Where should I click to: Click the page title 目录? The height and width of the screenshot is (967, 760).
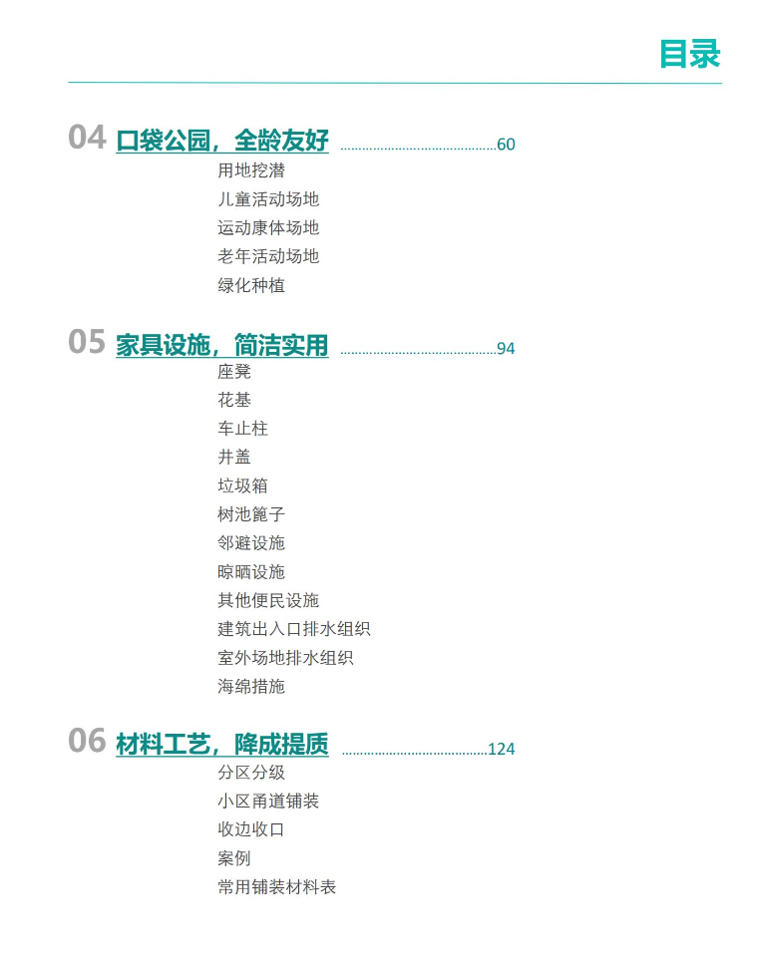click(689, 54)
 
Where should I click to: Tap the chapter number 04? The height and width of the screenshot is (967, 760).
click(87, 137)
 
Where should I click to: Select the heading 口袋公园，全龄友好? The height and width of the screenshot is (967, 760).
click(222, 141)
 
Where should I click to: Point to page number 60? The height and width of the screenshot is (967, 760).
click(506, 145)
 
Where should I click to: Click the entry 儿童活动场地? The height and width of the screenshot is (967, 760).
click(268, 199)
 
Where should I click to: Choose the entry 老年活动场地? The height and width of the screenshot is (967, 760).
click(268, 256)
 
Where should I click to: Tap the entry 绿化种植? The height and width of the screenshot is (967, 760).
click(251, 285)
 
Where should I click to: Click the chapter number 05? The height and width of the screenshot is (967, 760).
click(87, 342)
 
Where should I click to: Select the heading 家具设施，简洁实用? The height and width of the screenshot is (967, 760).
click(222, 345)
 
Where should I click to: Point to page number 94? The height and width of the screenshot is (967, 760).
click(506, 349)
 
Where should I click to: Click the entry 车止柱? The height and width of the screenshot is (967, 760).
click(242, 428)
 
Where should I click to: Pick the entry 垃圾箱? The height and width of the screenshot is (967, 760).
click(242, 485)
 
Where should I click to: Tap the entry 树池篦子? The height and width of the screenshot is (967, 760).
click(251, 513)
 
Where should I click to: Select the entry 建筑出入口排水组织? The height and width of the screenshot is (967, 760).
click(293, 628)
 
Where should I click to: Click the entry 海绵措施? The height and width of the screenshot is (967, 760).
click(251, 686)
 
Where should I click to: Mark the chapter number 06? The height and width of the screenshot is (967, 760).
click(87, 741)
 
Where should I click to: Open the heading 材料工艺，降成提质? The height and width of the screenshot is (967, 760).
click(222, 745)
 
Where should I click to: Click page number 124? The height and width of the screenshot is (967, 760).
click(502, 749)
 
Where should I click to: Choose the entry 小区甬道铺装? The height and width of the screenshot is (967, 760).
click(268, 801)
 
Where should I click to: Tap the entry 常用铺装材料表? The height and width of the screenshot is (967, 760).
click(277, 887)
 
